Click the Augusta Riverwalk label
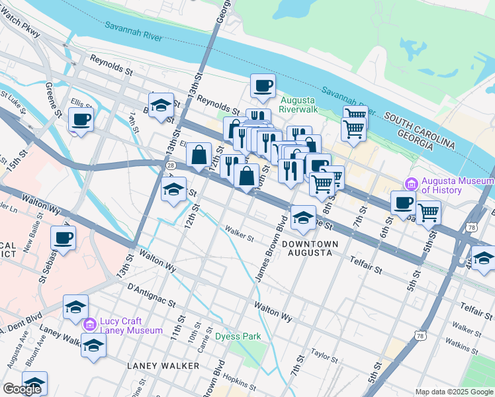click(301, 104)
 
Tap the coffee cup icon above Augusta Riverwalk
click(263, 87)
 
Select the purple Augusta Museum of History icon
click(410, 183)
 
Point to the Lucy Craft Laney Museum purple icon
click(90, 324)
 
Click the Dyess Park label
click(238, 336)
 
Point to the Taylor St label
click(324, 355)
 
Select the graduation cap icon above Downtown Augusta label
click(303, 217)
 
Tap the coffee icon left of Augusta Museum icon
click(403, 203)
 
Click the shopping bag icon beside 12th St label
click(199, 155)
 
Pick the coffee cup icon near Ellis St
click(81, 120)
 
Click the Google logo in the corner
click(22, 389)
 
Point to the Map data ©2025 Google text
click(454, 392)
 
